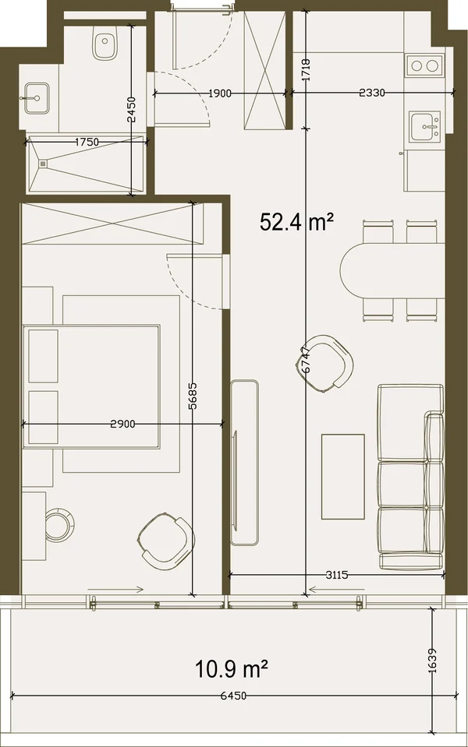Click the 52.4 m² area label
coord(296,223)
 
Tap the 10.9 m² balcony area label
coord(231,669)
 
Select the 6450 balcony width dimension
coord(234,696)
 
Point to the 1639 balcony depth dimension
coord(432,661)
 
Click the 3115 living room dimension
coord(337,575)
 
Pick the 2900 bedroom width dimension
coord(122,424)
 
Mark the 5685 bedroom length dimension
coord(193,396)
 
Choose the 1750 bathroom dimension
coord(87,142)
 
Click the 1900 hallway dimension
coord(220,93)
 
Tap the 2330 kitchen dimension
coord(371,93)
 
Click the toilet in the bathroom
coord(102,44)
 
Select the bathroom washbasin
coord(36,98)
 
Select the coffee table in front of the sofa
coord(343,477)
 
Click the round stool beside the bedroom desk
coord(59,523)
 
